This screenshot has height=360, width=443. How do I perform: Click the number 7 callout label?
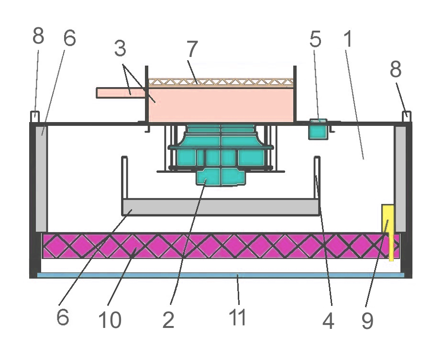point(192,49)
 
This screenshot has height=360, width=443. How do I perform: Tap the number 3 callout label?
point(120,48)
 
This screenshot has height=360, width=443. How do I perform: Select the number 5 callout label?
point(315,39)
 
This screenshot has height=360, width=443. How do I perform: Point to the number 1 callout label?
point(348,39)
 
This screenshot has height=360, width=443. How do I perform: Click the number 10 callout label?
point(110,320)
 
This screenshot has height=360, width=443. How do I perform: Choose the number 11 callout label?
point(237,317)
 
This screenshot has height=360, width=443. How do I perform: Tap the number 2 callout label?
point(168,320)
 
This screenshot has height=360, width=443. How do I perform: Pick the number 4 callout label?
point(328,321)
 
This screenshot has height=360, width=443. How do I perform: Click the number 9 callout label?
point(367,321)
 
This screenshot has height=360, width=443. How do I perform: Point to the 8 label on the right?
point(396,69)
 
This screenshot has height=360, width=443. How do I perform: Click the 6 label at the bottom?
point(63,317)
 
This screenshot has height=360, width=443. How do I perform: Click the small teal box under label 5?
point(319,129)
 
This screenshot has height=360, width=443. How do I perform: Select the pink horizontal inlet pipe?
point(121,93)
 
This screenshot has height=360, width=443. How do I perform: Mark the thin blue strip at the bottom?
point(221,275)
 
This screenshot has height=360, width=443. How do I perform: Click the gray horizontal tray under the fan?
point(221,207)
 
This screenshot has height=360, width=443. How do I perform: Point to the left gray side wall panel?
point(41,179)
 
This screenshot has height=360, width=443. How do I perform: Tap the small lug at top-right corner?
point(407,117)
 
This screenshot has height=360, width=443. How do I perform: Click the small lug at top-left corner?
point(35,117)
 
